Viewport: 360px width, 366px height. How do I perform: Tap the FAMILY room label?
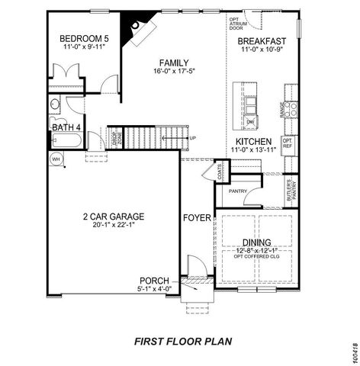[x=174, y=63]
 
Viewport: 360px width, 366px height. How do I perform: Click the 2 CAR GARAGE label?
[x=114, y=216]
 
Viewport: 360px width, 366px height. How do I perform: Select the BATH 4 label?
[x=66, y=128]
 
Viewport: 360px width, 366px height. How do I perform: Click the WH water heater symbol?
[x=56, y=159]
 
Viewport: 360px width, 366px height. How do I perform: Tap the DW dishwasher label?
[x=250, y=121]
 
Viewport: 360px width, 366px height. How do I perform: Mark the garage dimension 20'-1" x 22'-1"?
[x=114, y=226]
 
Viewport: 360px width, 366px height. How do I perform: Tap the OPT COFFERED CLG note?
[x=257, y=257]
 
